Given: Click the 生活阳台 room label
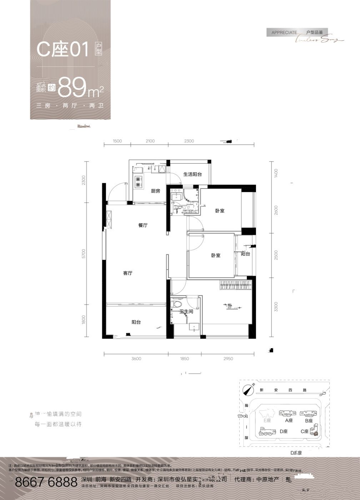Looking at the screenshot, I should [192, 174].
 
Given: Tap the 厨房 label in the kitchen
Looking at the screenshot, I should [155, 191].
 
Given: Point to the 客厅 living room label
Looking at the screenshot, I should [127, 273].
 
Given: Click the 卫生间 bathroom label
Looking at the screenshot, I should [186, 311].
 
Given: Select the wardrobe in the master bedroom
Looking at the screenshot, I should [236, 285].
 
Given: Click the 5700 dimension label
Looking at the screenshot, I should [84, 254].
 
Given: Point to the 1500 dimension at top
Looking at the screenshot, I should [117, 141].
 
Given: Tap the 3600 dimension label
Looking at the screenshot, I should [136, 359].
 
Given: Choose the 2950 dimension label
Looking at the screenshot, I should [228, 359].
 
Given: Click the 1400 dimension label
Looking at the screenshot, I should [275, 174].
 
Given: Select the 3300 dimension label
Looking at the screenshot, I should [275, 307].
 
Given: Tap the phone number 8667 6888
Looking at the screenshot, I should [46, 482].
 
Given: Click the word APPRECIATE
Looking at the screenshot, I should [284, 32].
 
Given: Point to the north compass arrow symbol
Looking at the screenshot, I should [247, 390].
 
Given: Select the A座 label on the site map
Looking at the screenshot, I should [289, 421].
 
